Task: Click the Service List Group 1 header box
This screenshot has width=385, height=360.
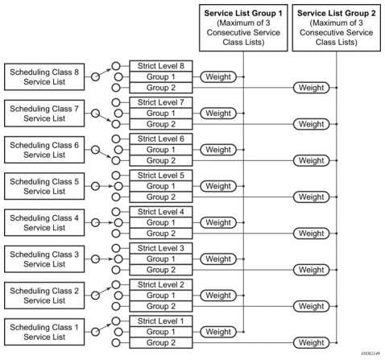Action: click(243, 27)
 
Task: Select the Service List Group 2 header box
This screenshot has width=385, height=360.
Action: click(336, 27)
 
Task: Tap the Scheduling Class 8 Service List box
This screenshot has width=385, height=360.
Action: click(44, 77)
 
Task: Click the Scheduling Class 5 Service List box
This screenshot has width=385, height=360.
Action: click(44, 186)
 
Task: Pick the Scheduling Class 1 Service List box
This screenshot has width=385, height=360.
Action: click(44, 332)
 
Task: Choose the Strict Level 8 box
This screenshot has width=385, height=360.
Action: click(161, 66)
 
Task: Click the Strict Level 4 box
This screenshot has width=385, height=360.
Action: click(161, 212)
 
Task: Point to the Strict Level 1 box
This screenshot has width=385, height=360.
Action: click(161, 321)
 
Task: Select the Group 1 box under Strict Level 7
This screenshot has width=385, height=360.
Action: click(161, 114)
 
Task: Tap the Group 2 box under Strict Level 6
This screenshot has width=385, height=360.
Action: click(161, 160)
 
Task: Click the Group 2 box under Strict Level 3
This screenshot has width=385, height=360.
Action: click(161, 270)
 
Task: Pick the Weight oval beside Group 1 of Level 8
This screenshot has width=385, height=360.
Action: click(218, 77)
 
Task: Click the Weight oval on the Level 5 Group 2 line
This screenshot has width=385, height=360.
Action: click(312, 197)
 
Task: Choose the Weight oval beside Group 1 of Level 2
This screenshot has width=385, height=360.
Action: click(218, 296)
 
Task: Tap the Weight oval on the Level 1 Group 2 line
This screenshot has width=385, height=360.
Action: click(312, 343)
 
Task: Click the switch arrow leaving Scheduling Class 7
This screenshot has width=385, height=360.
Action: click(103, 118)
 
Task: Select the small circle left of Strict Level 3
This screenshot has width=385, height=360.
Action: click(116, 248)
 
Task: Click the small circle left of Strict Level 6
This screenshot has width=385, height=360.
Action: click(116, 139)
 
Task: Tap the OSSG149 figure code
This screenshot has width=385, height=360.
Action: click(371, 354)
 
